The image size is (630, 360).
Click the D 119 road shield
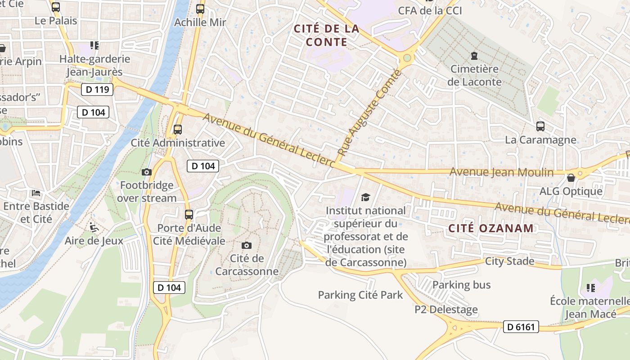[x=97, y=90]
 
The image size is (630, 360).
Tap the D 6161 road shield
[x=521, y=327]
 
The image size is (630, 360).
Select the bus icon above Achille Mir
[x=200, y=9]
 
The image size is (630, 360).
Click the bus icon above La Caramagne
[x=540, y=126]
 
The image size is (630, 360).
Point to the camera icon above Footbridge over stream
[x=146, y=172]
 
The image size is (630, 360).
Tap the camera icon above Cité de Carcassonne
[x=246, y=245]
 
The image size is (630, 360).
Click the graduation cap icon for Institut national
[x=365, y=197]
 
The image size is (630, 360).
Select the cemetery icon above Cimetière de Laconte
[x=473, y=56]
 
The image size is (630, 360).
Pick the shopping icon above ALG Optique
[x=571, y=178]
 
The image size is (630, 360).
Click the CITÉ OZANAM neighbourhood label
[x=491, y=228]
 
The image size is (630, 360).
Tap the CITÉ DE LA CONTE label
[x=327, y=36]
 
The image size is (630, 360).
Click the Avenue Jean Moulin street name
[x=501, y=172]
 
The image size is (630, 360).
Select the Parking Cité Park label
[x=360, y=295]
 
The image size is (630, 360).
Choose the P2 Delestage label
[x=446, y=310]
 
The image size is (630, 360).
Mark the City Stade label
[x=509, y=261]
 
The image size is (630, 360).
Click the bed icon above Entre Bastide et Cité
[x=36, y=193]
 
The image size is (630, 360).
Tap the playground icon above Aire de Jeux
[x=94, y=227]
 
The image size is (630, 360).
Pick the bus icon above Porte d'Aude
[x=189, y=214]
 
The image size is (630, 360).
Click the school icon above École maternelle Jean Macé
[x=590, y=288]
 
